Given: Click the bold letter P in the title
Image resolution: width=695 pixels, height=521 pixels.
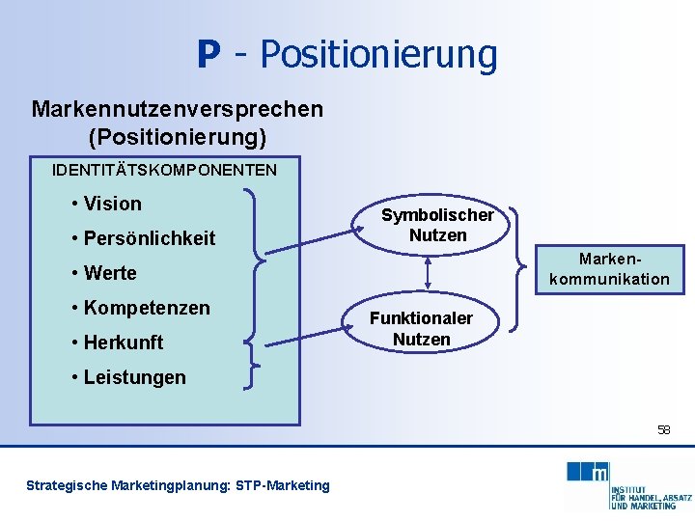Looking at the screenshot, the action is click(208, 55).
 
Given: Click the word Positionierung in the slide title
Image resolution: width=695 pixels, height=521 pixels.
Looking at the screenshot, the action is click(378, 55).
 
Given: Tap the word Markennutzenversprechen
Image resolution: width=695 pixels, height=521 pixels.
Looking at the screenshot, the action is click(177, 109).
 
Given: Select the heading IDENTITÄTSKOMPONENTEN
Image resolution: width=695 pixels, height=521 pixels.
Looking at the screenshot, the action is click(164, 170).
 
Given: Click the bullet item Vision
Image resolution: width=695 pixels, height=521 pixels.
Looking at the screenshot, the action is click(112, 204).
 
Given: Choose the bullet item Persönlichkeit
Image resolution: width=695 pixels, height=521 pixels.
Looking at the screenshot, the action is click(149, 238).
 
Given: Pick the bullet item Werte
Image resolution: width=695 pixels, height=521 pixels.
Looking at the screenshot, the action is click(110, 273).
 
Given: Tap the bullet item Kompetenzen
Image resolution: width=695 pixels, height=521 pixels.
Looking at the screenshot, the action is click(146, 308).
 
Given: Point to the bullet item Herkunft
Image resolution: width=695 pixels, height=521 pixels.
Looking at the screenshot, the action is click(124, 343).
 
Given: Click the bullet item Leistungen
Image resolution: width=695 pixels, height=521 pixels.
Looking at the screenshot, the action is click(134, 377).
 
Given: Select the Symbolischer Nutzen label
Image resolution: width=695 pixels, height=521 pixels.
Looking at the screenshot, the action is click(437, 225).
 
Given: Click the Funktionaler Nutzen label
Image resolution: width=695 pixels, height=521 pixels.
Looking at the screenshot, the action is click(422, 329).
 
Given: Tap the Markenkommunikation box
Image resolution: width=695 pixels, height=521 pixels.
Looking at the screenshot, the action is click(609, 269).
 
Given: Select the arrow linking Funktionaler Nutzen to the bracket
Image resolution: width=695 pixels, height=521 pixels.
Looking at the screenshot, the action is click(308, 334).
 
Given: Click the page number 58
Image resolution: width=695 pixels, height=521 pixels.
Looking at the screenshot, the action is click(663, 429).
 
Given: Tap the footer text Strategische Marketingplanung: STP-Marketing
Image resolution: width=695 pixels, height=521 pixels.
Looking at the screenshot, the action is click(178, 485).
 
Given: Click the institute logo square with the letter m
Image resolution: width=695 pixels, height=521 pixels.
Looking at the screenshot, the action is click(599, 472).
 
